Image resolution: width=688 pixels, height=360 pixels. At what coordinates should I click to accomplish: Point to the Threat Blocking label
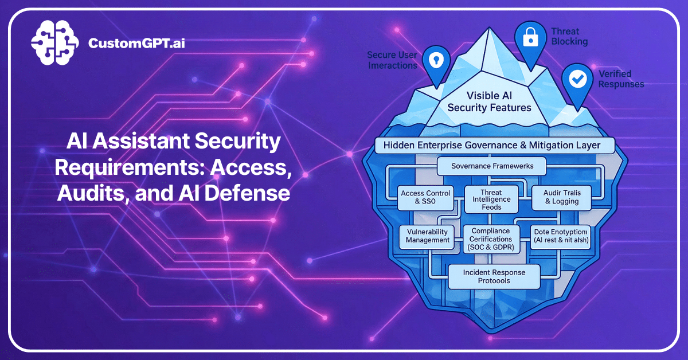569,36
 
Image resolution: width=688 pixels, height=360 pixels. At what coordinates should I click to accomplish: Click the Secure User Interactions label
392,60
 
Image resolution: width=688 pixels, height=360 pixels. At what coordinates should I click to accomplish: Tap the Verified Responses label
621,79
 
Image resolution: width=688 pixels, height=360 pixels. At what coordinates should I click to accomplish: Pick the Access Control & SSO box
425,197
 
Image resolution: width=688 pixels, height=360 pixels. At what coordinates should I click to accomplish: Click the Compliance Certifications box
491,238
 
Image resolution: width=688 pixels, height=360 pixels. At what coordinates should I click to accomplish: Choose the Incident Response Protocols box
494,276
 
